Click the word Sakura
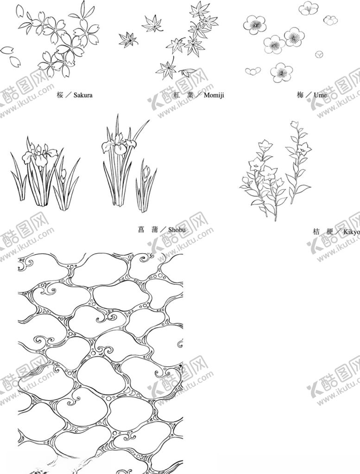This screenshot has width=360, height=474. click(83, 95)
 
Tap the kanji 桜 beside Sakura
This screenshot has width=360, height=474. click(60, 95)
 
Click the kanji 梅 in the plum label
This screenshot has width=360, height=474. click(300, 95)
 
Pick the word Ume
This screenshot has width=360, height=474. click(320, 95)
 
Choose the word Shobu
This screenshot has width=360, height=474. click(177, 229)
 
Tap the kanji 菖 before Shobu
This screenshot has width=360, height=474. click(141, 229)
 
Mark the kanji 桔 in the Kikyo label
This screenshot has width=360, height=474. click(316, 231)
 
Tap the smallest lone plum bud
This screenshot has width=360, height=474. click(319, 55)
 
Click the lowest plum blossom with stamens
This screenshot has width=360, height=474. click(281, 72)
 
